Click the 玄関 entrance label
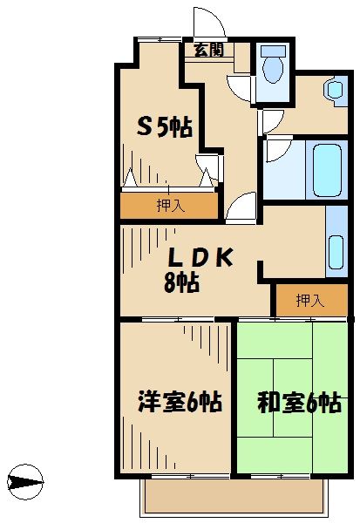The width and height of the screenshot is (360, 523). pos(207,50)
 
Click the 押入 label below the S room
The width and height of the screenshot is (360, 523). pos(170,206)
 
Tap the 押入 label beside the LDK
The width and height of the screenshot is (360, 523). pos(309,301)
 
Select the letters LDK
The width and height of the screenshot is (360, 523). pos(200,258)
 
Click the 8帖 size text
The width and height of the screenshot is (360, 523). pos(181,282)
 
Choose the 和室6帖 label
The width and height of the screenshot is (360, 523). pos(298,403)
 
